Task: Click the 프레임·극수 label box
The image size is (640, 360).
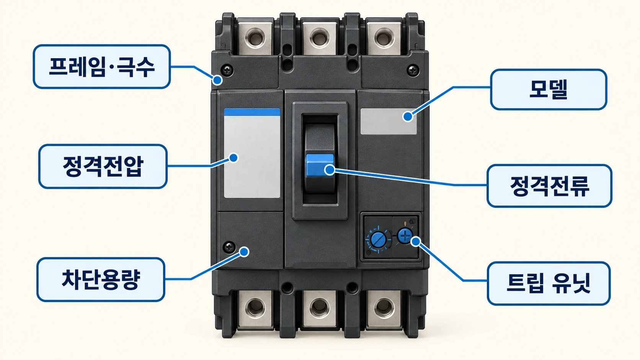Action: click(x=102, y=67)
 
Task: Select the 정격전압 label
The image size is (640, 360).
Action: click(x=103, y=166)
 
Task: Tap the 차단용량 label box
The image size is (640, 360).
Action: click(x=101, y=280)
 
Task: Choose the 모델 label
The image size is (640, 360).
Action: click(x=549, y=90)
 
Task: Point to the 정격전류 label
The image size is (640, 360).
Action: click(x=549, y=186)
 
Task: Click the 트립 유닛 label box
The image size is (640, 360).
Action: click(x=549, y=283)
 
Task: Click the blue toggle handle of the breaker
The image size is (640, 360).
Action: click(x=320, y=165)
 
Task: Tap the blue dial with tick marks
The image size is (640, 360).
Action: click(x=378, y=239)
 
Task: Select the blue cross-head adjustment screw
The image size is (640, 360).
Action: click(x=405, y=236)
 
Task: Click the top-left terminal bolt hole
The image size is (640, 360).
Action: click(x=255, y=38)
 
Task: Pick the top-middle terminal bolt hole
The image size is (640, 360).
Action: click(x=320, y=38)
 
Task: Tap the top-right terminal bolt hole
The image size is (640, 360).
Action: click(x=384, y=38)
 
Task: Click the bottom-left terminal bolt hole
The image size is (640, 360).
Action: click(x=255, y=308)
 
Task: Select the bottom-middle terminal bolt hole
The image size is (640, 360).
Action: click(x=320, y=308)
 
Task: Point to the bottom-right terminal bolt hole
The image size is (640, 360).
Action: click(x=384, y=308)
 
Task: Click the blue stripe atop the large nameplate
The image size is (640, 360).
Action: click(x=252, y=112)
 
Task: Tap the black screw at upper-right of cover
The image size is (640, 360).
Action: click(x=413, y=70)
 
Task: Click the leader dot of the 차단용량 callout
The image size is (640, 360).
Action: click(x=244, y=252)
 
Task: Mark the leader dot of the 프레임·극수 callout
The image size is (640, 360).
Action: click(x=217, y=80)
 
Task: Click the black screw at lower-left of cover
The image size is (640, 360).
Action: click(x=229, y=247)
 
